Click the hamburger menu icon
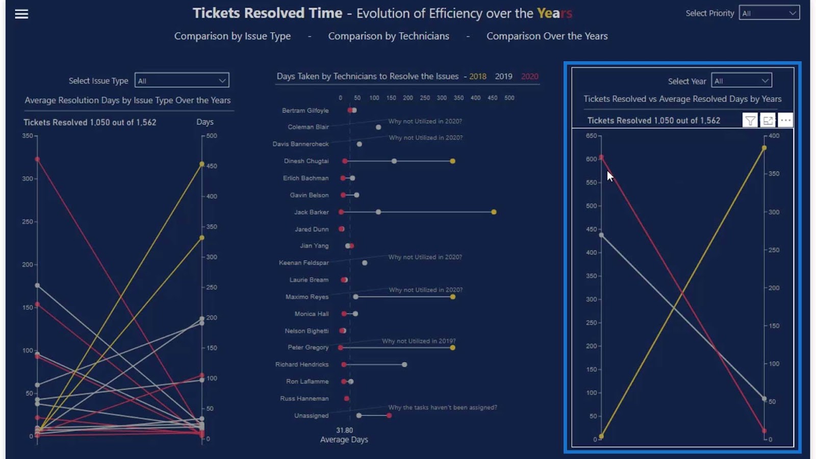point(21,14)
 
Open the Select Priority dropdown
point(769,13)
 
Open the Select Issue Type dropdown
point(182,81)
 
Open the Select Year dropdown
point(742,81)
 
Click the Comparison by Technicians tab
point(389,36)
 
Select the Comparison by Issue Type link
point(233,36)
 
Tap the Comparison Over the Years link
point(547,36)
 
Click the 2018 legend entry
point(478,76)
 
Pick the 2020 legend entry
point(529,76)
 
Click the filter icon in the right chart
point(750,120)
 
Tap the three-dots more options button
point(785,120)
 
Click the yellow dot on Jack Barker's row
point(494,212)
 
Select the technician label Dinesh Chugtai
point(306,161)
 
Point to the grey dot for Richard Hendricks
point(404,365)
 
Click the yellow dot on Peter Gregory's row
point(453,348)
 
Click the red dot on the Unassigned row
point(389,416)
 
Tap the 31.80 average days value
point(344,430)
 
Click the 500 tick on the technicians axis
point(509,98)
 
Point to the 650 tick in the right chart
point(591,136)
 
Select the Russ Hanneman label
point(304,399)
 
